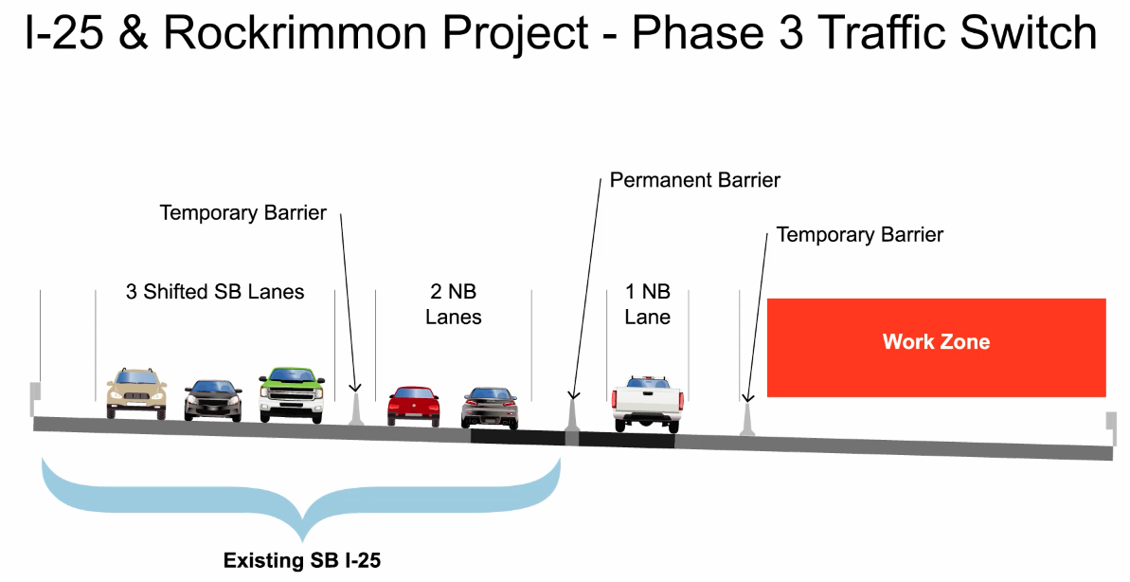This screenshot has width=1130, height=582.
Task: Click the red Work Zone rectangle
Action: tap(936, 347)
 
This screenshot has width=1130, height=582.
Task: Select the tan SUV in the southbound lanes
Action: tap(136, 392)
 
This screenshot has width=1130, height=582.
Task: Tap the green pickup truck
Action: tap(291, 393)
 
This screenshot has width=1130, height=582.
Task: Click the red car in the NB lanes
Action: tap(414, 406)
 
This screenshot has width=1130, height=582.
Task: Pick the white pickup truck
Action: tap(647, 403)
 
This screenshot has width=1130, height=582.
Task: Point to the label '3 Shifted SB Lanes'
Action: tap(215, 292)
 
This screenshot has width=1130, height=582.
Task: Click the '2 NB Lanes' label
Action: tap(453, 304)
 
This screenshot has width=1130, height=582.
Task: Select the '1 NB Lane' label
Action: tap(648, 304)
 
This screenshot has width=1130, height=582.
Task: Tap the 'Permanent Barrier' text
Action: tap(694, 180)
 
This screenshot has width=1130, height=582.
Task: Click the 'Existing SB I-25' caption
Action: tap(301, 561)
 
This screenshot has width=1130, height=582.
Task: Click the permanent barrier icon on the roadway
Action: tap(571, 418)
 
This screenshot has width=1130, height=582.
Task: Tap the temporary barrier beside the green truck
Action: tap(356, 409)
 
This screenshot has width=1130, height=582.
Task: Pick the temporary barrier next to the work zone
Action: tap(747, 420)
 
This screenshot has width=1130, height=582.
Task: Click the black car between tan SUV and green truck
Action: tap(213, 400)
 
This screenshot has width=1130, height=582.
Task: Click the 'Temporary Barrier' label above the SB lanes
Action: tap(243, 212)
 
